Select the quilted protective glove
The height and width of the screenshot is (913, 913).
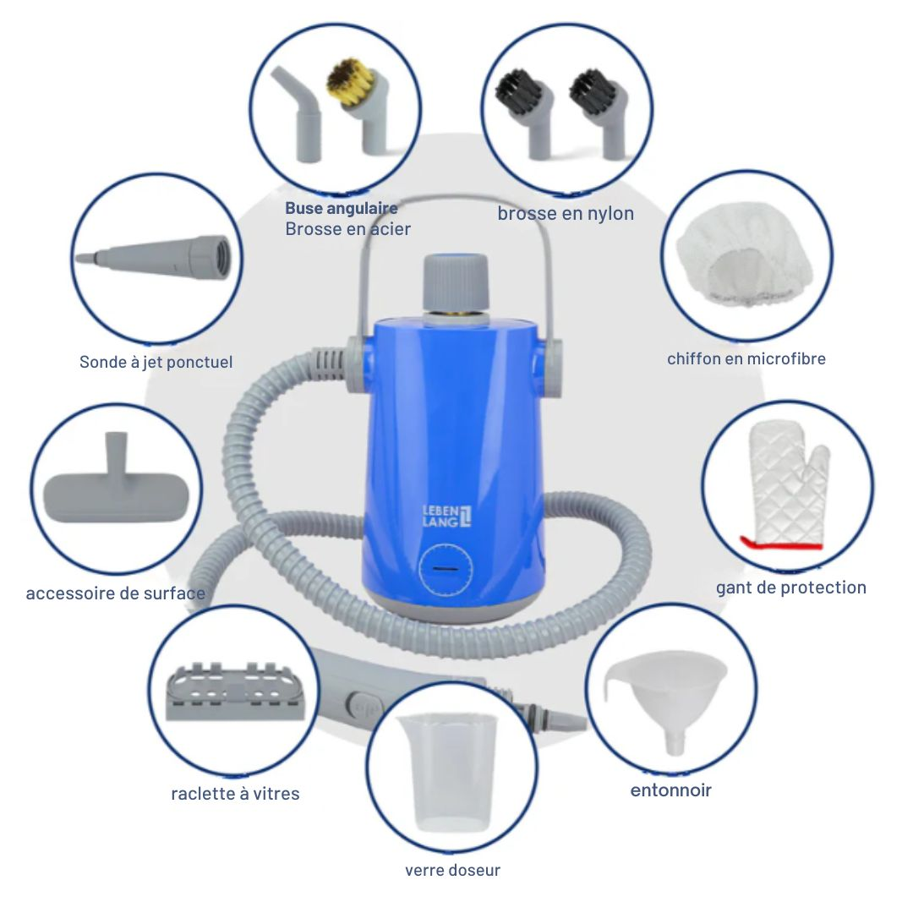coord(782,489)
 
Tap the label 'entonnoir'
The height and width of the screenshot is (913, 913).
coord(670,791)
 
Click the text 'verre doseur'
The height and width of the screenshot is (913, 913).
coord(452,870)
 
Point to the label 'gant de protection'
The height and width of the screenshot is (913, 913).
coord(790,588)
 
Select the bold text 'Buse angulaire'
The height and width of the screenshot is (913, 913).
coord(341,208)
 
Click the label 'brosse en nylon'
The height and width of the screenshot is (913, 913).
coord(565,214)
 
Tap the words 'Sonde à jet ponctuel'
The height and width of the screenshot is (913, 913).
coord(156,362)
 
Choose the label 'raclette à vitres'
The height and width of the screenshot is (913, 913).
coord(235,794)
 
